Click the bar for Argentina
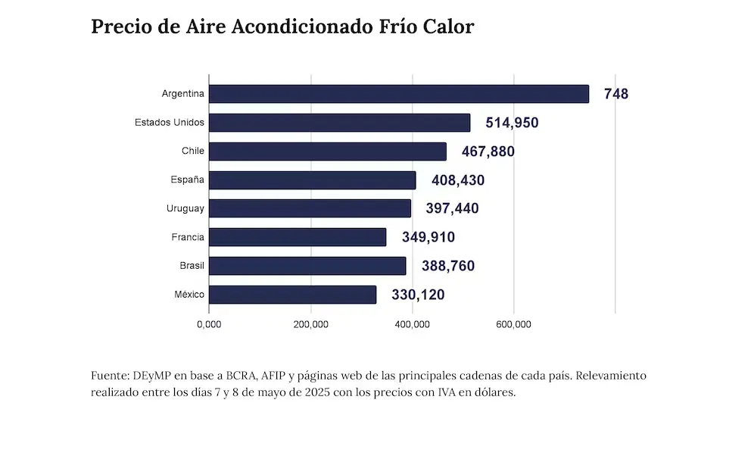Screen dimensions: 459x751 click(x=398, y=94)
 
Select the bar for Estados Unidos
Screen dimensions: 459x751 click(x=339, y=123)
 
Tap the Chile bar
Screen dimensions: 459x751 click(x=327, y=151)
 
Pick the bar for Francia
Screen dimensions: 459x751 click(x=297, y=237)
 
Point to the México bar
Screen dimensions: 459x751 click(x=292, y=295)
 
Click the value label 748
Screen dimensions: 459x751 click(x=616, y=94)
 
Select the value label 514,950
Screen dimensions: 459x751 click(x=512, y=123)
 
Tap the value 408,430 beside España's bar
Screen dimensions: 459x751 click(x=458, y=180)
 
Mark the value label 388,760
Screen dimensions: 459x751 click(x=448, y=266)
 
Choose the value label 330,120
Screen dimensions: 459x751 click(x=418, y=295)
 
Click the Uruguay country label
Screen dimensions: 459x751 click(x=185, y=208)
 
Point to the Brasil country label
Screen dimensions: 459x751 click(x=192, y=266)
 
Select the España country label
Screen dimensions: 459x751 click(x=188, y=180)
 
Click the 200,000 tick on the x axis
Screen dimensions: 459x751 click(x=310, y=325)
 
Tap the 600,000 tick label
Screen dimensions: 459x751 click(x=514, y=325)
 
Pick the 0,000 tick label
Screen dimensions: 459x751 click(x=209, y=325)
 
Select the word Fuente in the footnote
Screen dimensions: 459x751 click(x=109, y=376)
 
